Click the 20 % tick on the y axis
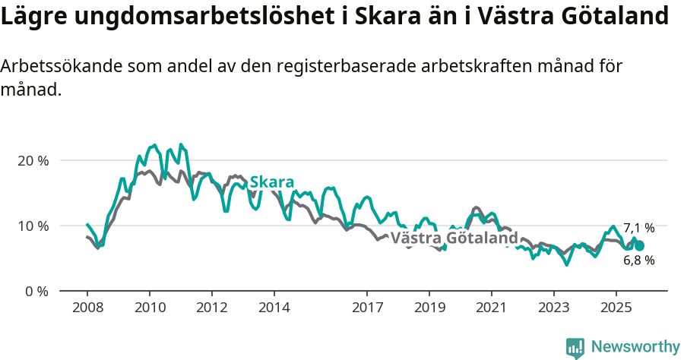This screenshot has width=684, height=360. tap(33, 161)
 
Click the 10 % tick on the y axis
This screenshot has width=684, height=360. tap(33, 226)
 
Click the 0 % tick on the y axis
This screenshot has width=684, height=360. tap(36, 292)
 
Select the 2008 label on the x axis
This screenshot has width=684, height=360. tap(87, 308)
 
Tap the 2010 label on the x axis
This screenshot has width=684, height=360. tap(150, 308)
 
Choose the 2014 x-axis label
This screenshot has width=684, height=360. tap(274, 308)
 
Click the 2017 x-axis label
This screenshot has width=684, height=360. tap(367, 308)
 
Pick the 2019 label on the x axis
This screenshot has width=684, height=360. tap(429, 308)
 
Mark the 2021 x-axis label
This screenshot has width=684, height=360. tap(492, 308)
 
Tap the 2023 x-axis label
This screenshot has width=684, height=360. tap(553, 308)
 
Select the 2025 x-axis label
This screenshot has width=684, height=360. tap(616, 308)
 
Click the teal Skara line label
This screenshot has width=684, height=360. tap(271, 182)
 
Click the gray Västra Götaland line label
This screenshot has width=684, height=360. tap(454, 238)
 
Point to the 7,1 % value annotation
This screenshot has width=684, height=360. tap(638, 228)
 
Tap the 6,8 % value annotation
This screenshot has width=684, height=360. tap(638, 260)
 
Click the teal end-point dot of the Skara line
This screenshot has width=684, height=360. tap(639, 245)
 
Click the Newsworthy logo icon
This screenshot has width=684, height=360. tap(575, 348)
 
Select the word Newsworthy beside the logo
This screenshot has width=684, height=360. tap(635, 347)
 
